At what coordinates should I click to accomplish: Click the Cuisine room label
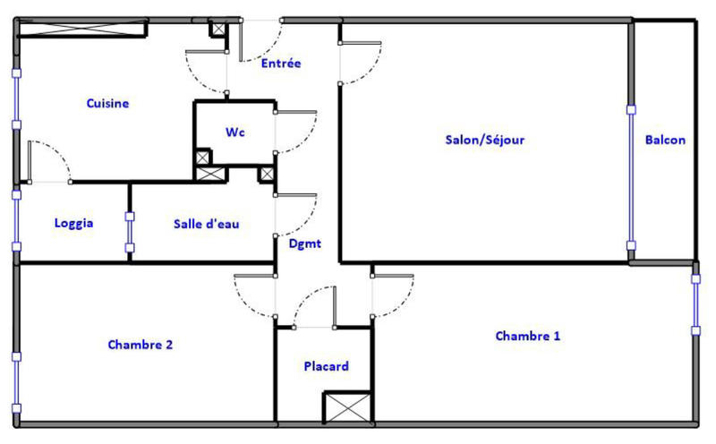pos(107,103)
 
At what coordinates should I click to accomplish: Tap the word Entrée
pos(281,64)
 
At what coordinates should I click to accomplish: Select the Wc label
pos(234,132)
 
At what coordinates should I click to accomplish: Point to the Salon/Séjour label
pos(484,140)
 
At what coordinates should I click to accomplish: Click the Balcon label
pos(665,140)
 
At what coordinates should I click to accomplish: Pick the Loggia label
pos(73,224)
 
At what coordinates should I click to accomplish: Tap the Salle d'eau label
pos(206,224)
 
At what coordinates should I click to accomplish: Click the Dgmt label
pos(305,243)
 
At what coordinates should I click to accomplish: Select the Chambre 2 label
pos(140,344)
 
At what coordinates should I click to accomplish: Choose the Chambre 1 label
pos(528,336)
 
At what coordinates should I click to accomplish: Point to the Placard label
pos(326,366)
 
